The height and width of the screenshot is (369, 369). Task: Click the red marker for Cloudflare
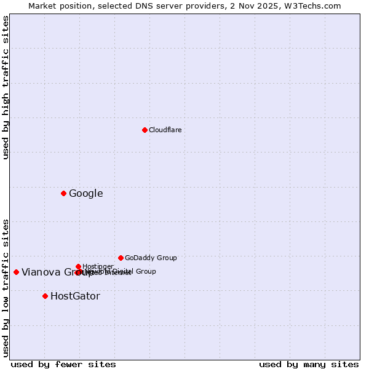(145, 130)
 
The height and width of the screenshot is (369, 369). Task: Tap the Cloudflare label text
(165, 130)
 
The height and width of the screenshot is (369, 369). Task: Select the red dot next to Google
(63, 194)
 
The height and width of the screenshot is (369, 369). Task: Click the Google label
(86, 194)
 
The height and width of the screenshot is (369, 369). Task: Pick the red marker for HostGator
(45, 296)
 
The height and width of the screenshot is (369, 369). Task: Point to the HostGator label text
(75, 296)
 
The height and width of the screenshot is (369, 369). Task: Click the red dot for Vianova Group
(16, 272)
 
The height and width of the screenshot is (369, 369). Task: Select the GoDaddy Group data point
(121, 258)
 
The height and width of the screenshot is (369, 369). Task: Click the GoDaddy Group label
(151, 258)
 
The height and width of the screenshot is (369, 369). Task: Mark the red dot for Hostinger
(78, 266)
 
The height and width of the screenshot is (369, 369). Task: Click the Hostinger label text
(98, 266)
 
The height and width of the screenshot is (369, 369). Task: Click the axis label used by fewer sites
(63, 364)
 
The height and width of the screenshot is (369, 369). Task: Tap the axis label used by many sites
(309, 364)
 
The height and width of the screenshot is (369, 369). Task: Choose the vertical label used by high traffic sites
(6, 87)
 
